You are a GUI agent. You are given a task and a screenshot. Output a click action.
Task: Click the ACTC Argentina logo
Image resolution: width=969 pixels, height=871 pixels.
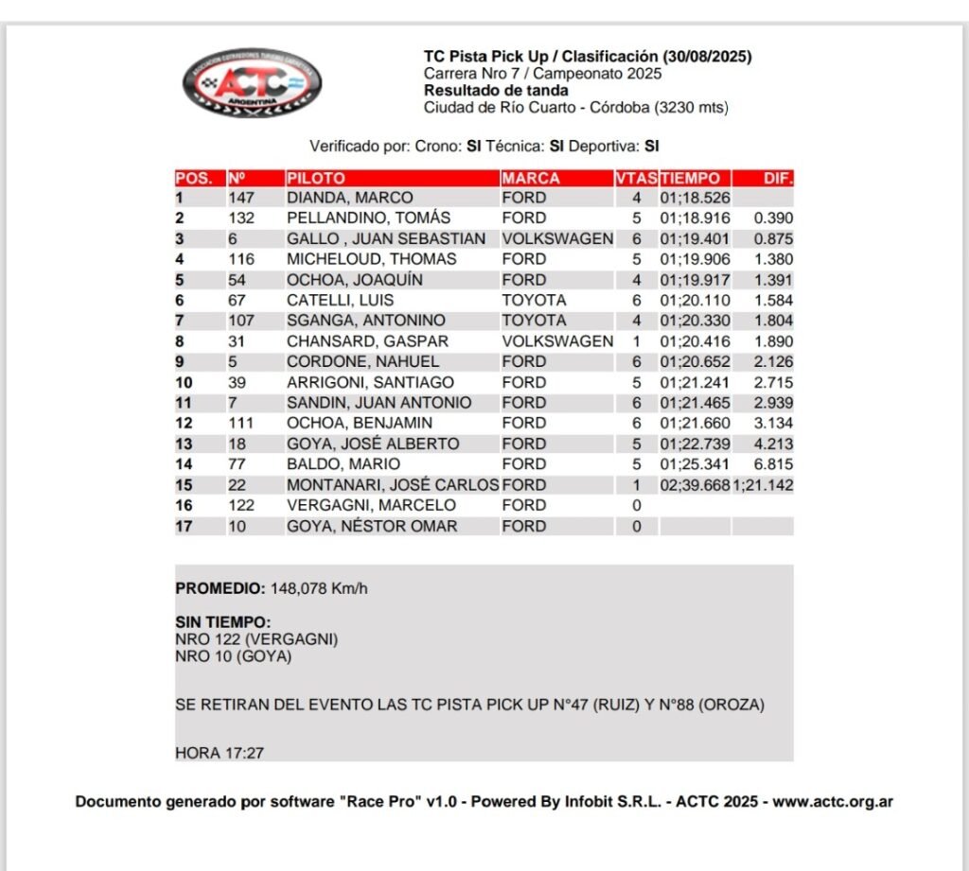coord(252,83)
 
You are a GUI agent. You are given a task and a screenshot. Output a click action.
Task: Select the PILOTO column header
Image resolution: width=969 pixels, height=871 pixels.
coord(316,178)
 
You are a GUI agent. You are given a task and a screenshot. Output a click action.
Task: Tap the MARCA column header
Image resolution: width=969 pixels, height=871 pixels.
coord(531,178)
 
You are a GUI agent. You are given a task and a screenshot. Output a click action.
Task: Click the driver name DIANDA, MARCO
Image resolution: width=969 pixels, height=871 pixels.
coord(349,198)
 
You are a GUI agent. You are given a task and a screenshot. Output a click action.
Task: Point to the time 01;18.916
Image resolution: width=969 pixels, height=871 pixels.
coord(695,218)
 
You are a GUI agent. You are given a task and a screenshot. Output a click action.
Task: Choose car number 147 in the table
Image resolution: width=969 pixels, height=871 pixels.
coord(242,198)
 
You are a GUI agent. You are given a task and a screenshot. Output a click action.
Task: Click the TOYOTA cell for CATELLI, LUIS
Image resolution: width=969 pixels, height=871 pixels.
coord(534,300)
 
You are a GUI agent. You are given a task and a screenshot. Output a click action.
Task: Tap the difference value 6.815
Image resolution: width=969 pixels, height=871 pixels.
coord(773,464)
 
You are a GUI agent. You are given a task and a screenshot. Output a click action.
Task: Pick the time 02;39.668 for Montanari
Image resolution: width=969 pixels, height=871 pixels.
coord(695,485)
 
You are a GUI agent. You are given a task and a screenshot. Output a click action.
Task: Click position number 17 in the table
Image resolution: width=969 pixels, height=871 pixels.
coord(184,526)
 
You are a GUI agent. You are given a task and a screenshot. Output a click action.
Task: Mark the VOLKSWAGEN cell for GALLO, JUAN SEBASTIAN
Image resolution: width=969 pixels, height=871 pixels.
coord(557,238)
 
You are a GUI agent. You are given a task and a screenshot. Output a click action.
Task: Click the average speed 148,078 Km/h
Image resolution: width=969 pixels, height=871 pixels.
coord(319,588)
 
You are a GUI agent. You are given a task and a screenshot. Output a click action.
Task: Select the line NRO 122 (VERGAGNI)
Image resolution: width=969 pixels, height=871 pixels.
coord(256,639)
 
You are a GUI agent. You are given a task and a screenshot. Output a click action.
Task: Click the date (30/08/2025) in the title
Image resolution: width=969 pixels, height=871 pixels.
coord(707,57)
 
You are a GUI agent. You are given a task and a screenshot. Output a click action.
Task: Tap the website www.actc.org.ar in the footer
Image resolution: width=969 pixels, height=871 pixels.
coord(833,802)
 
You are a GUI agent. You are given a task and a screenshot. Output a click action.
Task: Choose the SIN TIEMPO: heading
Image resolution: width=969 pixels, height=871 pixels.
coord(223,622)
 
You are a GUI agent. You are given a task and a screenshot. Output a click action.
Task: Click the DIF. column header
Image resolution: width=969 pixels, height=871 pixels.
coord(777,178)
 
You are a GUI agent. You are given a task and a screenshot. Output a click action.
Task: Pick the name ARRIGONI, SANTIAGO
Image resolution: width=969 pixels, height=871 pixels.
coord(370,382)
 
